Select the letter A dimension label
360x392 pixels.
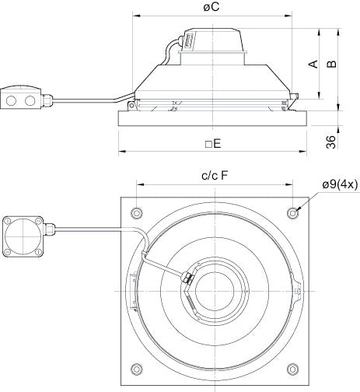point(315,65)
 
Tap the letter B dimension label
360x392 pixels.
point(333,65)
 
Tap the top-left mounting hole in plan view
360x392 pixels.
point(138,212)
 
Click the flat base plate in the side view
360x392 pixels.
point(215,119)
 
